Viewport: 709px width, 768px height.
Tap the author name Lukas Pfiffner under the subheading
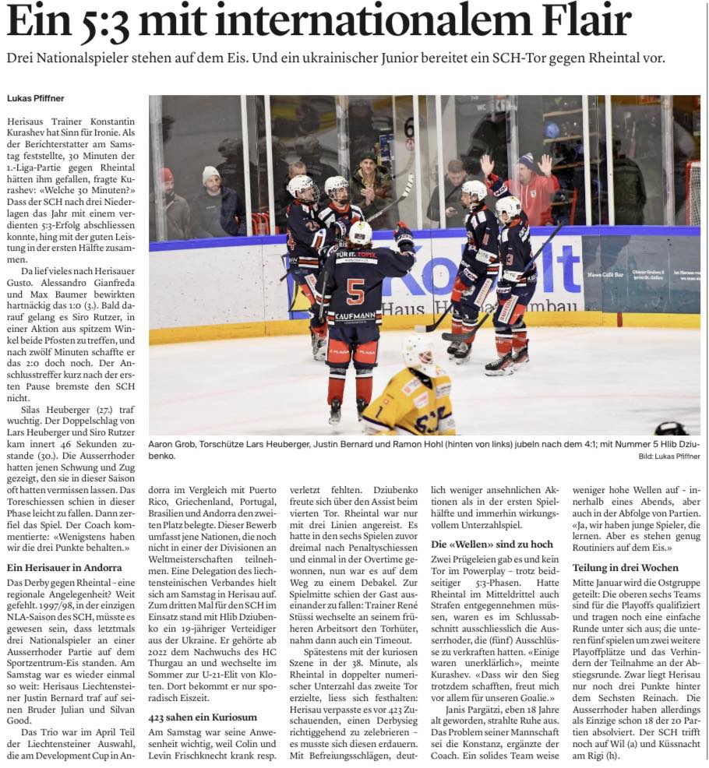[37, 98]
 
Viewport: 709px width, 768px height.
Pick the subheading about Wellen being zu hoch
[492, 544]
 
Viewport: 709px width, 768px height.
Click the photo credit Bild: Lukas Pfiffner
[668, 456]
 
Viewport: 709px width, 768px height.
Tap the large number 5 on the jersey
[355, 292]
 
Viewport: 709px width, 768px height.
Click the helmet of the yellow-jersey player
[418, 351]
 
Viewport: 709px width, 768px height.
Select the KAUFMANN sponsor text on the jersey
[354, 317]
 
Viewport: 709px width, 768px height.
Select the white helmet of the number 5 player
[360, 232]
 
